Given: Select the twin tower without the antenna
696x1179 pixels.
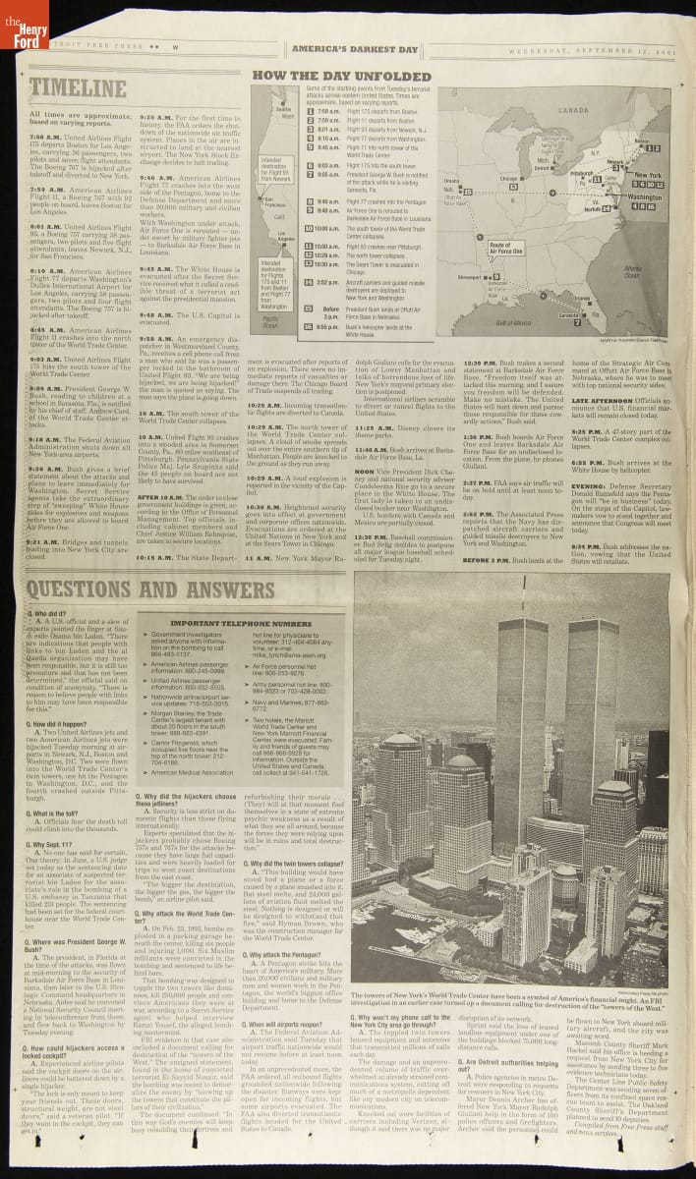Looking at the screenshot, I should tap(592, 707).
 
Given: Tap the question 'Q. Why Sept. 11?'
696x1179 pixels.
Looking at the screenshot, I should tap(53, 843).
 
